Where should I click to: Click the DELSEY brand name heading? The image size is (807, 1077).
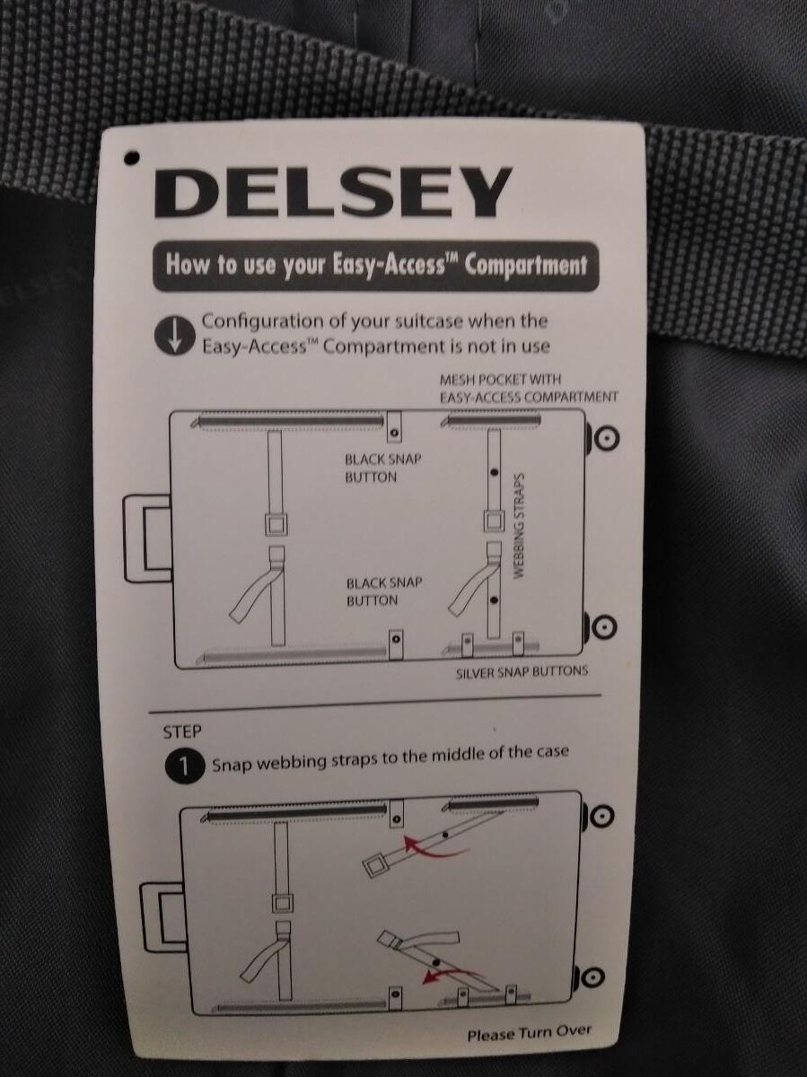(x=333, y=192)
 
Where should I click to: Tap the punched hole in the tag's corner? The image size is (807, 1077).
(x=131, y=158)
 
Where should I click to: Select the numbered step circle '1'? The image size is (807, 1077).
(x=184, y=766)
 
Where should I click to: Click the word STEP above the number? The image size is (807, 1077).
(x=182, y=732)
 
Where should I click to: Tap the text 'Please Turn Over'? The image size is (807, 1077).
(x=530, y=1033)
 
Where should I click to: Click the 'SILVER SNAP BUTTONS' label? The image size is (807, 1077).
(x=522, y=672)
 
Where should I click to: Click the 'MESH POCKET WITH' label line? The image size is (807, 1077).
(x=500, y=380)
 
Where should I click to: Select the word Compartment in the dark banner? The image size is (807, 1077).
(x=525, y=266)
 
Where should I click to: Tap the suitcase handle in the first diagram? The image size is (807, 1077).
(x=148, y=538)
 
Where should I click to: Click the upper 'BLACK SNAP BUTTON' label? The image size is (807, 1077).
(x=383, y=468)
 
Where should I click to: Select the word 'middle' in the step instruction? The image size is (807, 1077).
(x=451, y=756)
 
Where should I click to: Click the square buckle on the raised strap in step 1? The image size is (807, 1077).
(x=376, y=866)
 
